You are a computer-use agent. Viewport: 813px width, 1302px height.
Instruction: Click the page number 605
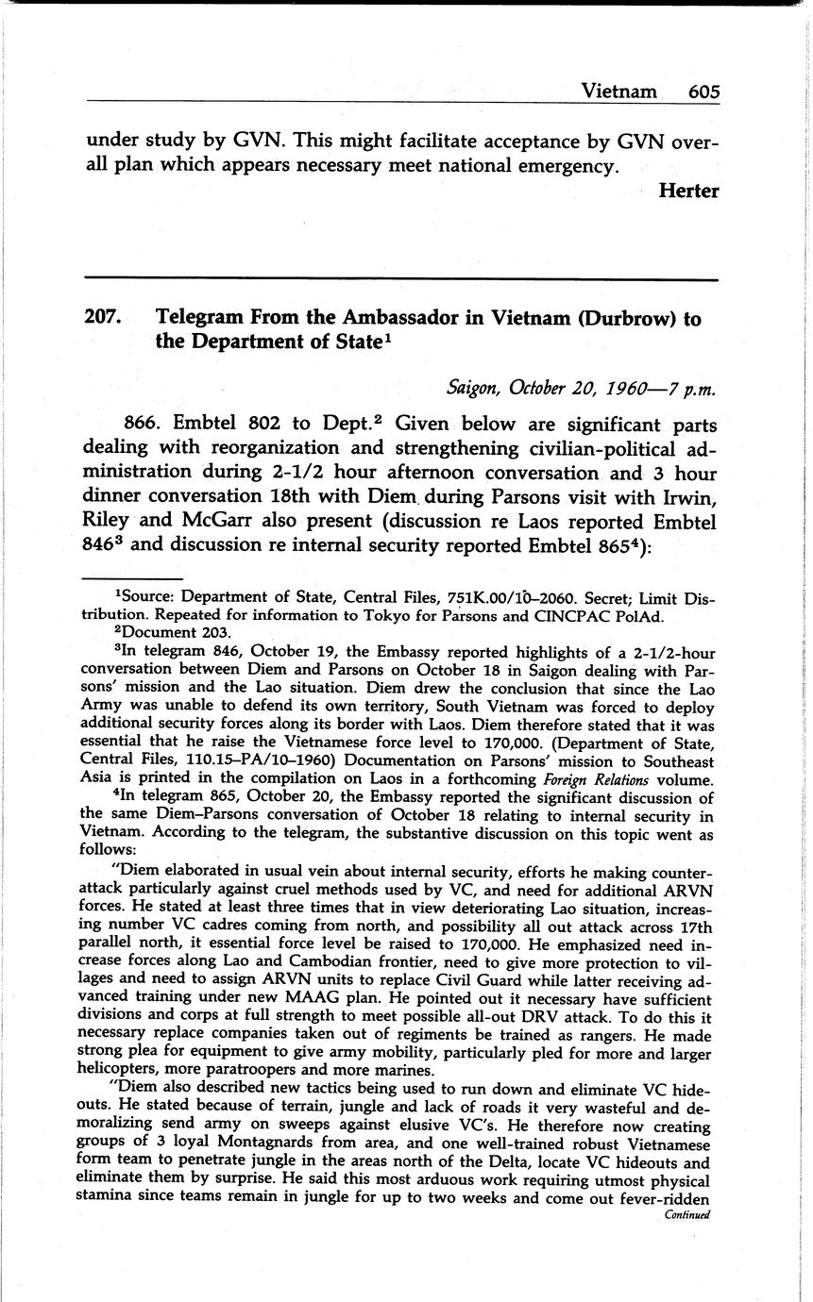point(703,92)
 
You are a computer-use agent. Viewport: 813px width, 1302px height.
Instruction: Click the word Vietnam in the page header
point(619,92)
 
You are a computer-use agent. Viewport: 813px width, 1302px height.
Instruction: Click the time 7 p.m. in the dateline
point(694,388)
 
